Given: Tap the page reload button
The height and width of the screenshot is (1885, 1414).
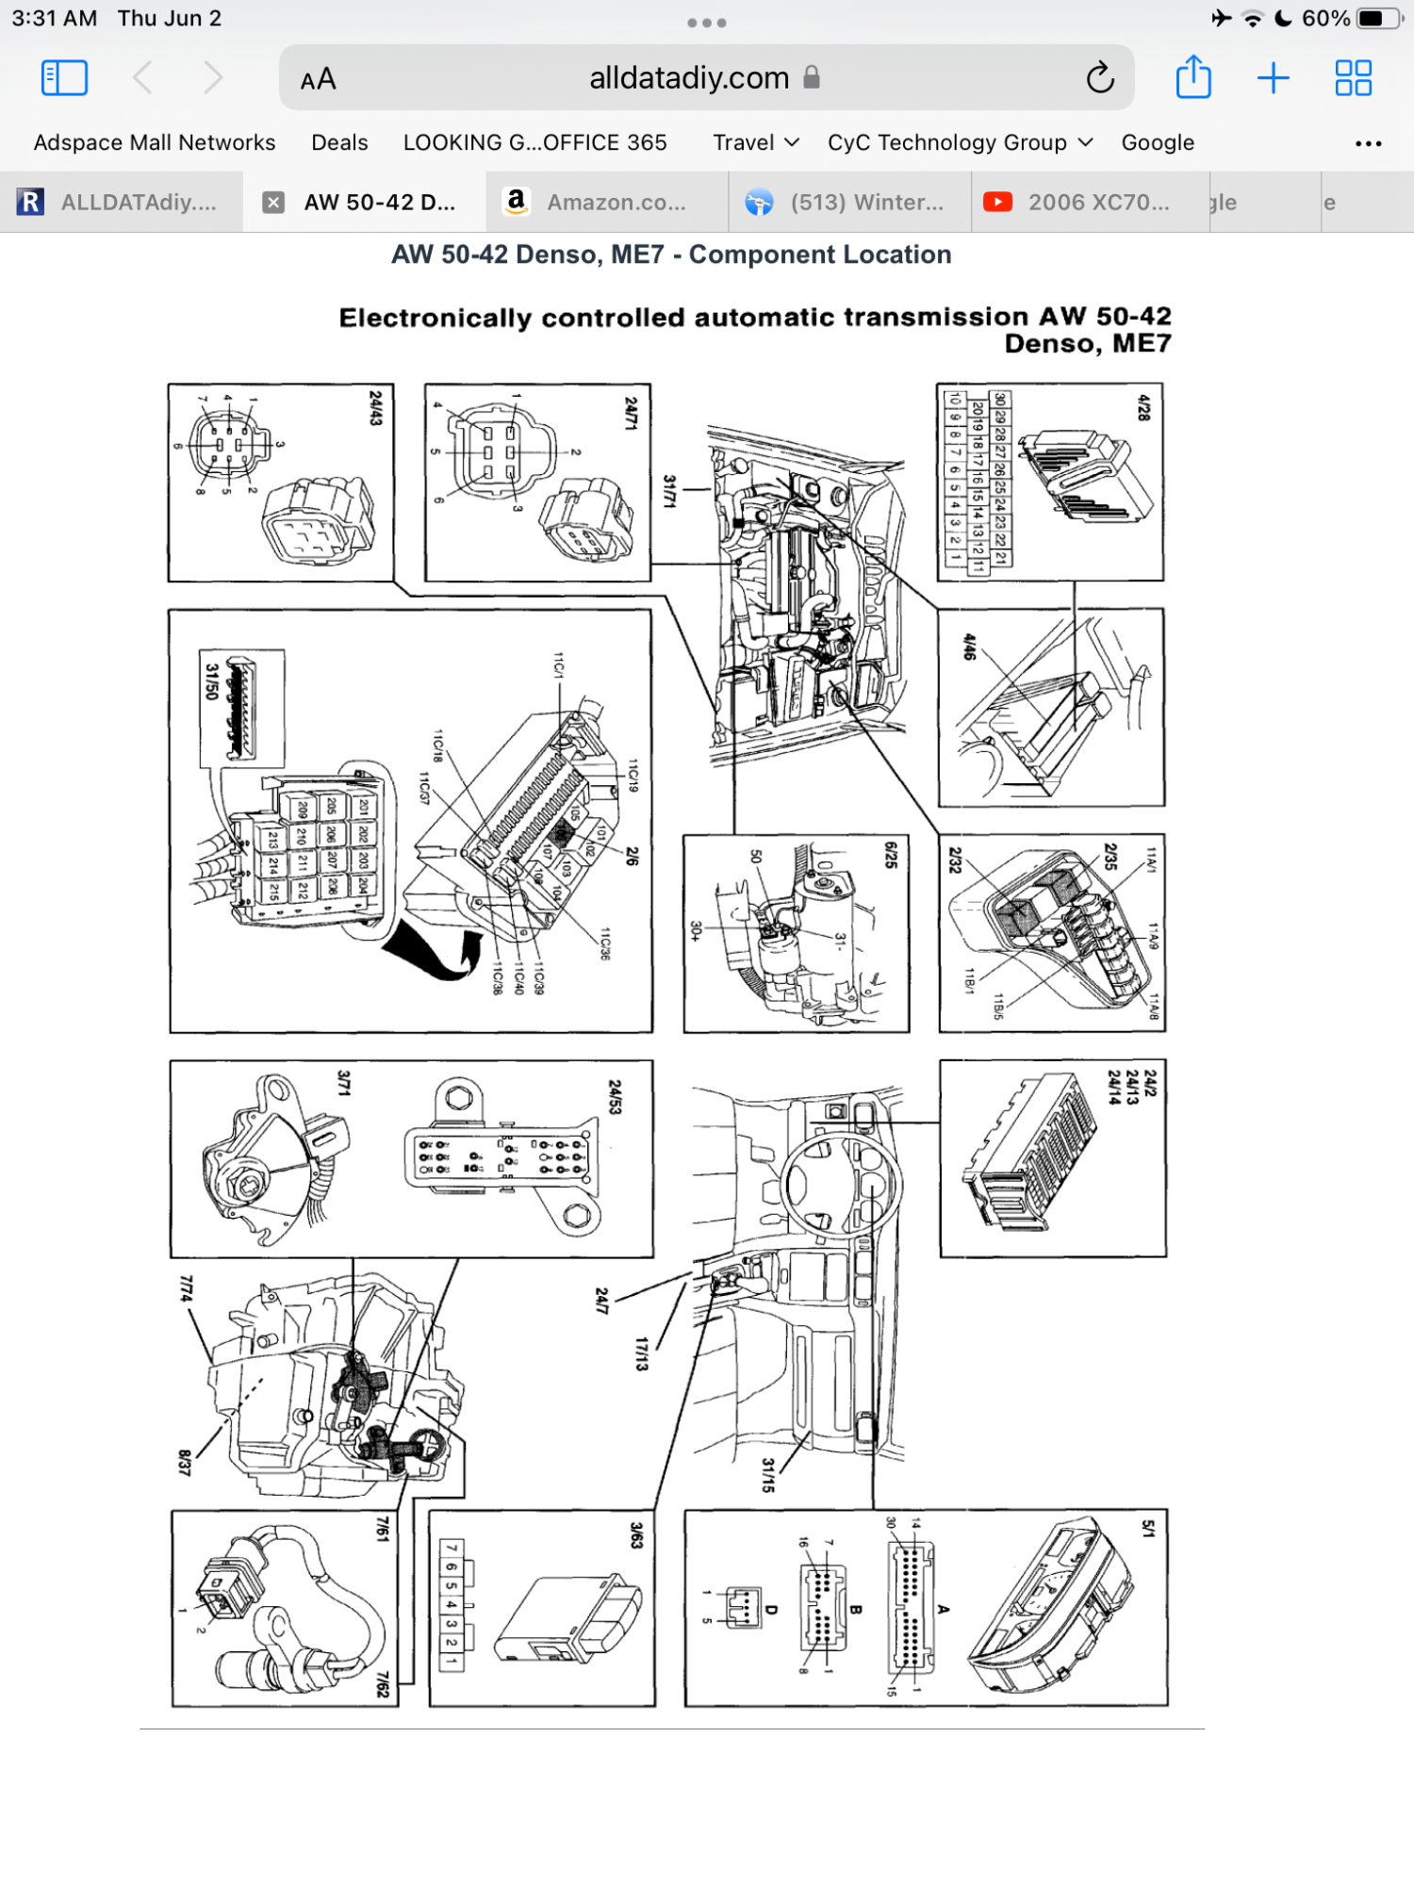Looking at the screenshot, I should click(1100, 78).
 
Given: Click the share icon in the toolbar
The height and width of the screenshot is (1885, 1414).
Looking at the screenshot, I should click(1193, 77).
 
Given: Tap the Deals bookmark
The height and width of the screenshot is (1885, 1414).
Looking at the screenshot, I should click(339, 142).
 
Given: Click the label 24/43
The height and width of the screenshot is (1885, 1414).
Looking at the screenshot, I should click(376, 408).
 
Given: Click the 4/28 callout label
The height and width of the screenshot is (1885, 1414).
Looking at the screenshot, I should click(1144, 408).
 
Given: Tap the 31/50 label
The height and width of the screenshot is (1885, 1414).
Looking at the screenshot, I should click(212, 681).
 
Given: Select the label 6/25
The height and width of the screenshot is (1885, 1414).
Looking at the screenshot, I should click(891, 855).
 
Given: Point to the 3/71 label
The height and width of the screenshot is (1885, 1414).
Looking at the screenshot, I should click(344, 1083).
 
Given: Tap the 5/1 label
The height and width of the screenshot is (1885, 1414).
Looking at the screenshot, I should click(1148, 1529).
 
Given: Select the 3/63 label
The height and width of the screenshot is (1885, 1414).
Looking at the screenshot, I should click(636, 1535).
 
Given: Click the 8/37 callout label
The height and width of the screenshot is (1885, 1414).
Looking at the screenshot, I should click(185, 1462).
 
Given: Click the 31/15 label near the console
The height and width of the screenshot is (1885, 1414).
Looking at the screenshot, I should click(768, 1475).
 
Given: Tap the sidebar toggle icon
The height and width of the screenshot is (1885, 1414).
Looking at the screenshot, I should click(65, 77).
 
